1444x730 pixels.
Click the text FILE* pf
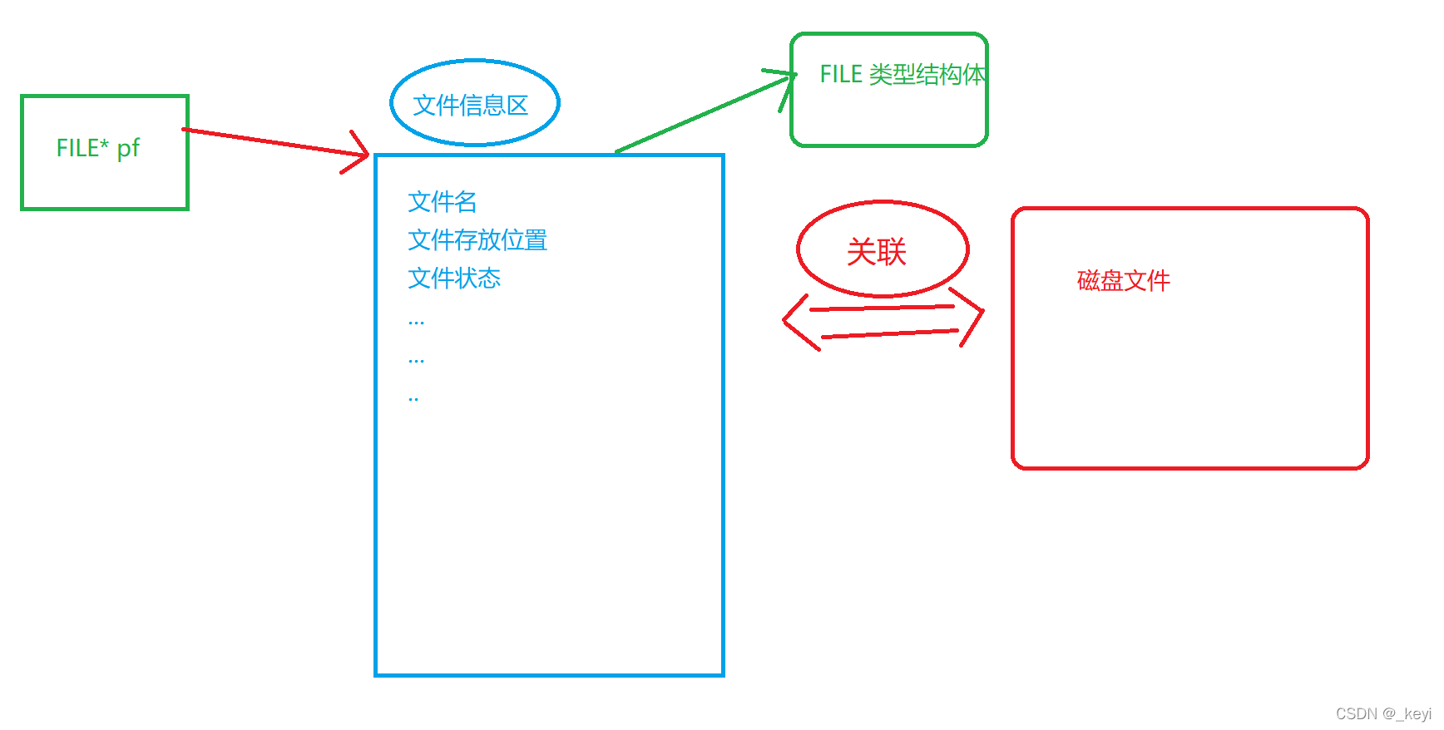97,148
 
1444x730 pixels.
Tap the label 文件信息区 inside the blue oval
471,106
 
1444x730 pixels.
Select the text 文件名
442,201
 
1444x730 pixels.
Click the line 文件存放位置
477,240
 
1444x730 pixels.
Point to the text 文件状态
454,278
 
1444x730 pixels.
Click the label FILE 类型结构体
902,75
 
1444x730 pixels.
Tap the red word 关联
876,251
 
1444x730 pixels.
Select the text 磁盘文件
1123,280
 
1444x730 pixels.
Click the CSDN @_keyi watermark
1382,713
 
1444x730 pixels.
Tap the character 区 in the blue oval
517,106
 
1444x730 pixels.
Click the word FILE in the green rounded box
841,75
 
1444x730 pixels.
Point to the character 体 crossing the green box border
974,75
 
